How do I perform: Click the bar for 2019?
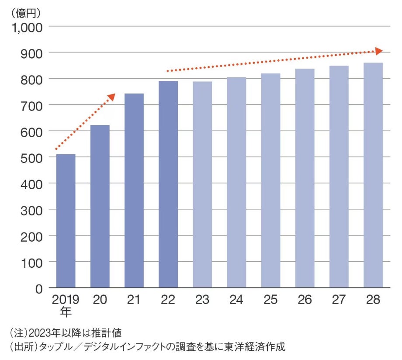click(66, 221)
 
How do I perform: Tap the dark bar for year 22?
click(168, 184)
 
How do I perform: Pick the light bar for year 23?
click(202, 184)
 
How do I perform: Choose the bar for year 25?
click(270, 180)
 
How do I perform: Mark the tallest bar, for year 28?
click(373, 175)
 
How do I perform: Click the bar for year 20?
click(100, 206)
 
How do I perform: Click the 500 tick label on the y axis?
click(31, 157)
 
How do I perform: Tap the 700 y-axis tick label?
click(31, 105)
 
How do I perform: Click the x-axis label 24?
click(236, 300)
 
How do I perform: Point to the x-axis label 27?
click(339, 300)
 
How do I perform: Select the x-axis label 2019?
click(66, 300)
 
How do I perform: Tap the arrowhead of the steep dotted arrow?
click(112, 97)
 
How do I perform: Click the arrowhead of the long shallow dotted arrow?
click(378, 51)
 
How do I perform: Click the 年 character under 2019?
click(66, 312)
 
